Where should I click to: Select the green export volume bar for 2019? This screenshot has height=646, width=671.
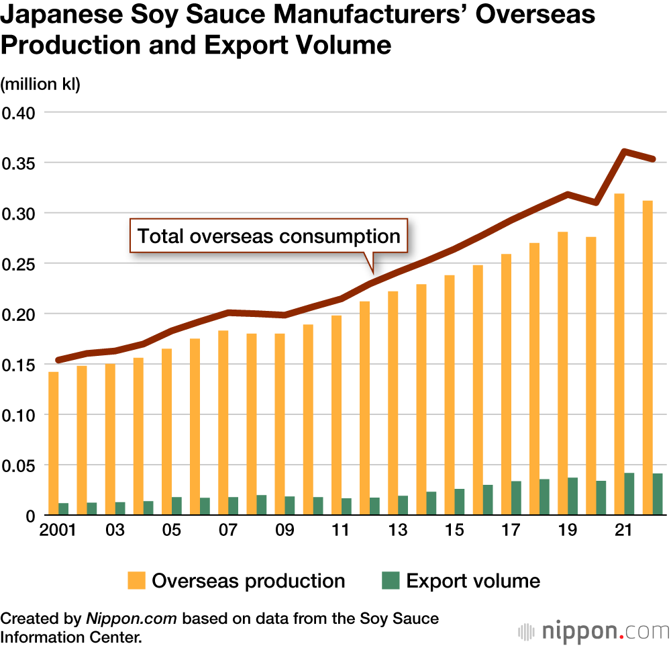(x=572, y=496)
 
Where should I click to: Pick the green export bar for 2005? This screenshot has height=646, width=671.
(x=176, y=506)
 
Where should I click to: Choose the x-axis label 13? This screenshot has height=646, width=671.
(x=398, y=530)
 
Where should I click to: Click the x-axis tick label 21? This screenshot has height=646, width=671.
(x=624, y=530)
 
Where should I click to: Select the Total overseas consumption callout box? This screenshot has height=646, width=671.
(x=268, y=236)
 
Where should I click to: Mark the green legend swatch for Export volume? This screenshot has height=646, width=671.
(x=391, y=581)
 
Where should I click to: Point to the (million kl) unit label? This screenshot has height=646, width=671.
(x=40, y=85)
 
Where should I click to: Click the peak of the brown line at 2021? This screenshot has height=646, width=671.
(x=625, y=151)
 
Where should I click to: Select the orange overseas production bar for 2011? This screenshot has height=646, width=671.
(x=336, y=415)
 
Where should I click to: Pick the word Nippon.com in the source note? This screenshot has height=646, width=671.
(x=131, y=618)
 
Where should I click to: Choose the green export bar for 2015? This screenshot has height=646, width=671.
(x=459, y=502)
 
